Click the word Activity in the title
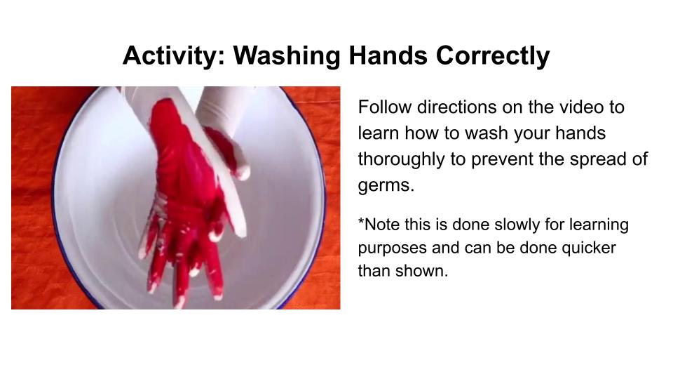pos(173,56)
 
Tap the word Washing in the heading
pos(287,56)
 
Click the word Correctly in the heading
pos(493,56)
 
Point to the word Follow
pos(385,107)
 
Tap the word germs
pos(386,185)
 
